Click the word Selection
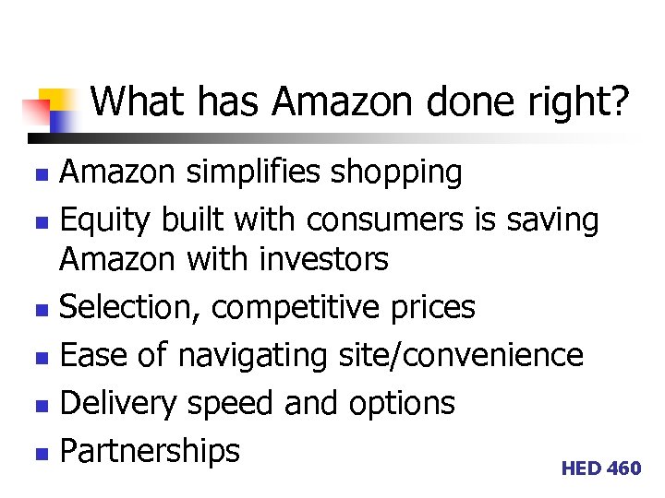130,307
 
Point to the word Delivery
120,404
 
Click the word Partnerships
150,451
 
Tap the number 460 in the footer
624,468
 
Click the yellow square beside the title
57,100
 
